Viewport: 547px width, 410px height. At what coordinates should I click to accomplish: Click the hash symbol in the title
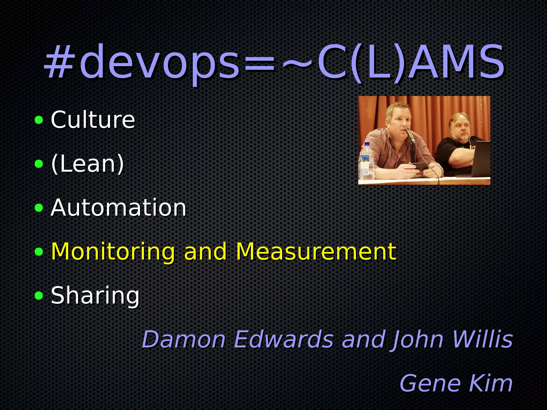pyautogui.click(x=59, y=63)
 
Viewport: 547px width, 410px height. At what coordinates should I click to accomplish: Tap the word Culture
pyautogui.click(x=93, y=120)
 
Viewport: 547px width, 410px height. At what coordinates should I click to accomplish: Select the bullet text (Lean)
pyautogui.click(x=88, y=164)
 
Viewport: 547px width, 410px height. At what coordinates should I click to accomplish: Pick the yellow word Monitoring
pyautogui.click(x=113, y=252)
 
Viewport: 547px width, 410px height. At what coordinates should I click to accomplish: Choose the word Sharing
pyautogui.click(x=95, y=295)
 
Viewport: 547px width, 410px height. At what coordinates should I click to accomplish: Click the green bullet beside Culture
pyautogui.click(x=39, y=120)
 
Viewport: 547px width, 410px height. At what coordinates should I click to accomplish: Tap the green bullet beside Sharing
pyautogui.click(x=39, y=295)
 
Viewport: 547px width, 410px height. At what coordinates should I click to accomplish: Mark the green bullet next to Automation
pyautogui.click(x=39, y=208)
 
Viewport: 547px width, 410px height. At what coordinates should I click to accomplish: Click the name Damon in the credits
pyautogui.click(x=184, y=339)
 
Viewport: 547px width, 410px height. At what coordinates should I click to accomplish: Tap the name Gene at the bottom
pyautogui.click(x=430, y=383)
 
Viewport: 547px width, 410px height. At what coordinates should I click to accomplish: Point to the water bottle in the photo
pyautogui.click(x=367, y=161)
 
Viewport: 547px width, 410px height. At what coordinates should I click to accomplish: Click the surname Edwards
pyautogui.click(x=284, y=339)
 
